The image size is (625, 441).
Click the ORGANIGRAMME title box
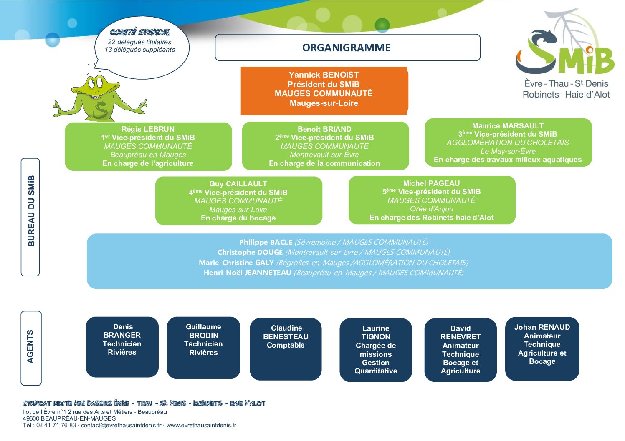click(x=348, y=48)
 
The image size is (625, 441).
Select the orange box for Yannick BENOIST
click(x=324, y=90)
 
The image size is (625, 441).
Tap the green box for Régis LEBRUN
click(x=148, y=146)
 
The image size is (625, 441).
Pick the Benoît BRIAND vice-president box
click(x=325, y=146)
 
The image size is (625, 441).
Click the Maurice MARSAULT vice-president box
click(x=508, y=143)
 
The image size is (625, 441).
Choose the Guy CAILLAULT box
click(x=238, y=200)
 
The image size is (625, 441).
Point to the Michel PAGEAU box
click(x=432, y=200)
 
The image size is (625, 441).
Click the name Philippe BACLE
click(x=266, y=242)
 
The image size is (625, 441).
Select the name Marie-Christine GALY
click(x=236, y=263)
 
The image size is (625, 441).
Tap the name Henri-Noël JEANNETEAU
click(x=248, y=273)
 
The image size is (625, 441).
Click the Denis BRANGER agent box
click(x=122, y=347)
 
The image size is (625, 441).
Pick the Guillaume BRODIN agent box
click(x=203, y=348)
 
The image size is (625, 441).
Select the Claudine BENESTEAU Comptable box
click(x=286, y=349)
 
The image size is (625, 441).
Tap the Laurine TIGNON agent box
click(x=376, y=350)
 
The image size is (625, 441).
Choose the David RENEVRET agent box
click(x=461, y=350)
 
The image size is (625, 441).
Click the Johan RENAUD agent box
click(x=542, y=349)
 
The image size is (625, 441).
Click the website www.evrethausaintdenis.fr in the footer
click(x=201, y=425)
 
